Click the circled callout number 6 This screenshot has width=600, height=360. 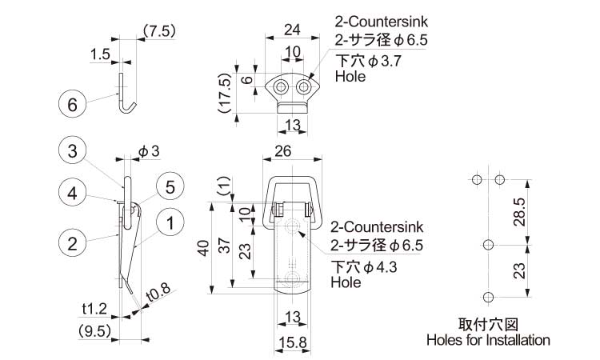(71, 104)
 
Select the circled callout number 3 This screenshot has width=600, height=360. (71, 150)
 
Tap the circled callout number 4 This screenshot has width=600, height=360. (71, 193)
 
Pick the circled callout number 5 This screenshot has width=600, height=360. (170, 186)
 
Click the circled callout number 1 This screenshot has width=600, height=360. (170, 224)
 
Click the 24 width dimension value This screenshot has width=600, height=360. (292, 30)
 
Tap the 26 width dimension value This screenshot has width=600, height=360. (292, 150)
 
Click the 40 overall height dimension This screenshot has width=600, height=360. (205, 249)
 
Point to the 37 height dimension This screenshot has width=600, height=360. (226, 249)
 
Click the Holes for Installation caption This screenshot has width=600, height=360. (489, 340)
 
